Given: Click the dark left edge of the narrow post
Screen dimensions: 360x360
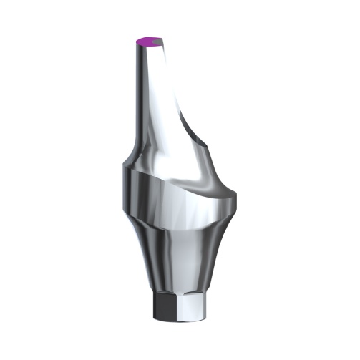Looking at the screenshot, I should pos(136,93).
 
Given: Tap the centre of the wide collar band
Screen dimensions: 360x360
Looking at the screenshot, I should pos(172,197).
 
